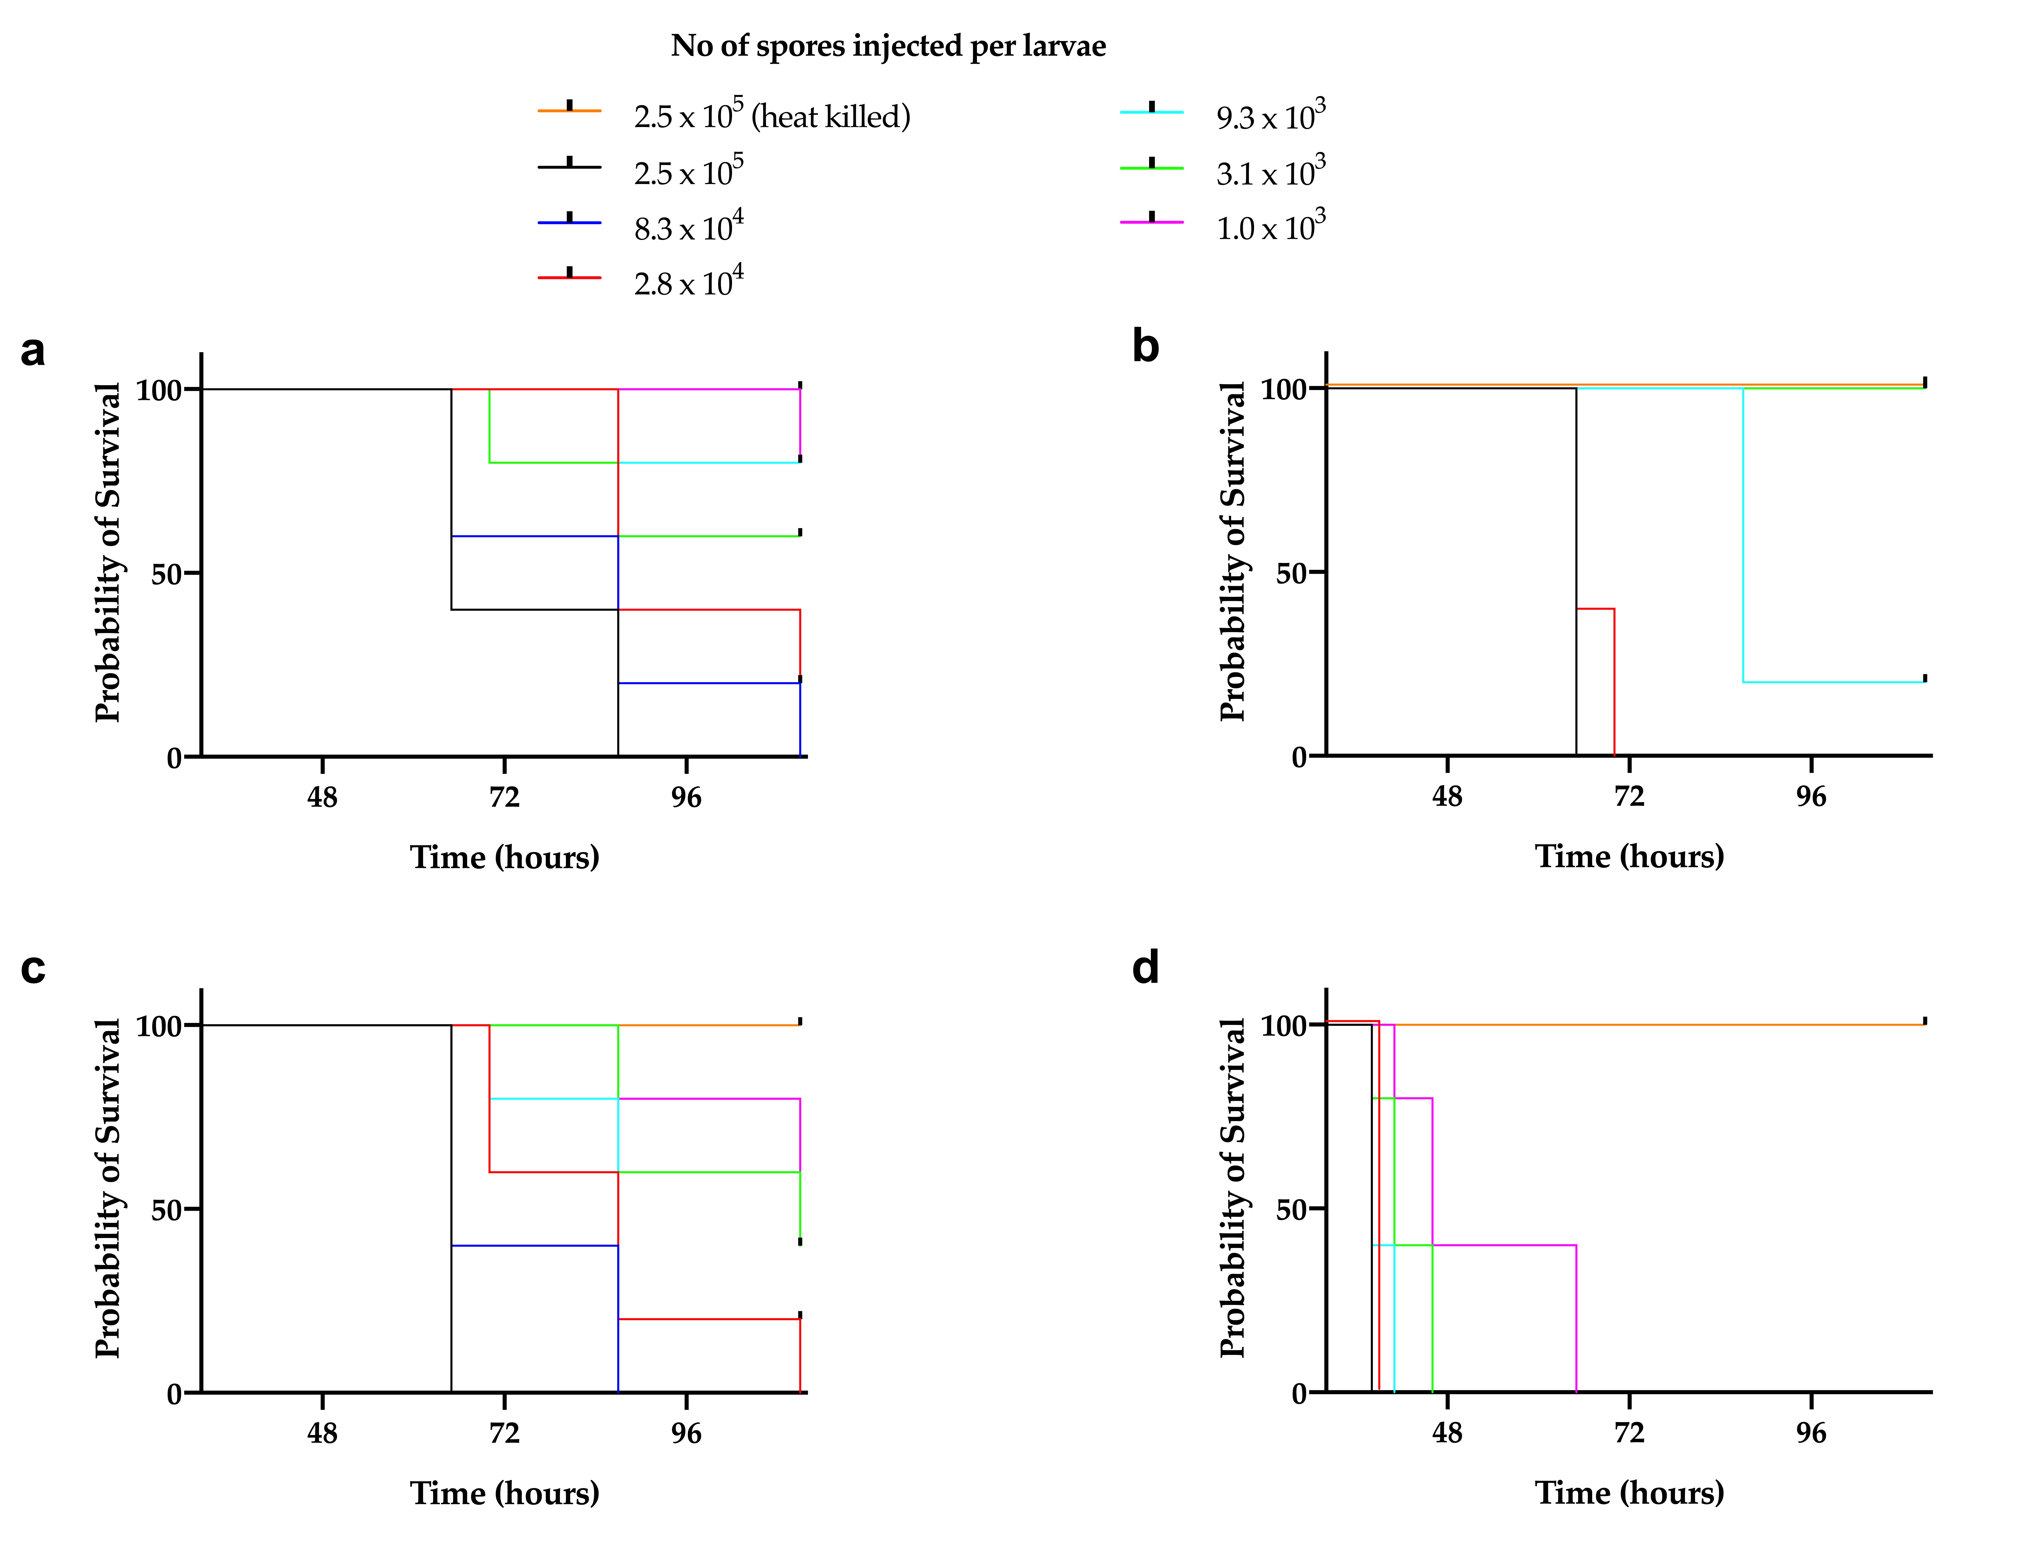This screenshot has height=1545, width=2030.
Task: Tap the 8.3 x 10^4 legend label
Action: click(688, 227)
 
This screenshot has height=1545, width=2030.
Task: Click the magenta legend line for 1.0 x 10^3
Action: click(1151, 223)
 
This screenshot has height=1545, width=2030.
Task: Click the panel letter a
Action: click(33, 350)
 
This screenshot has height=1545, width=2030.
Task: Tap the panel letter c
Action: click(33, 968)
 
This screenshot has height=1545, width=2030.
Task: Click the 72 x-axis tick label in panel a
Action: click(504, 797)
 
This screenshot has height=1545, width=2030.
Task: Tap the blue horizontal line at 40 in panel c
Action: click(533, 1245)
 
